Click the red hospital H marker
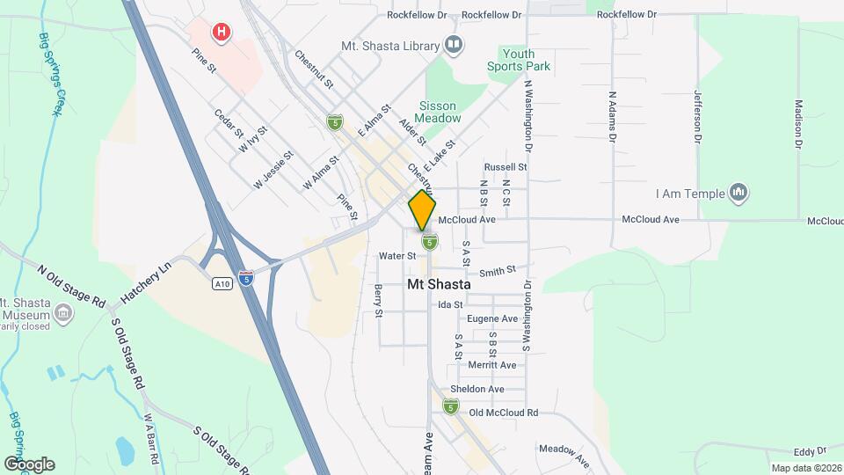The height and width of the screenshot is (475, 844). click(x=221, y=33)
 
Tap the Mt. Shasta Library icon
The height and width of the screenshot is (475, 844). click(x=454, y=44)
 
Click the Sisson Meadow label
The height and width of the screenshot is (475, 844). click(x=440, y=112)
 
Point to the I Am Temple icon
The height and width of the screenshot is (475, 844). click(x=738, y=193)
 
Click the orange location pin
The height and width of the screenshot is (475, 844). click(x=422, y=209)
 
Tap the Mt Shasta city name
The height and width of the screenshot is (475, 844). click(x=439, y=285)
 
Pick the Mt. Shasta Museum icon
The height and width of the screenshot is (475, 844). click(x=63, y=312)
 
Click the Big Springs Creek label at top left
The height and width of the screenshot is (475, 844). click(x=52, y=75)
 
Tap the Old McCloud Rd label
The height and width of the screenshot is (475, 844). click(x=504, y=413)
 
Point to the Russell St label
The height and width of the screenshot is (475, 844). click(x=505, y=166)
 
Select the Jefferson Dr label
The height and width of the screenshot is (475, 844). click(x=699, y=116)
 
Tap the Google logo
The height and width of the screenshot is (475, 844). click(x=29, y=464)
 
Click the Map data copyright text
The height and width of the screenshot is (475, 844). click(x=806, y=468)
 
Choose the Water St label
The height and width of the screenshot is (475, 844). click(x=397, y=256)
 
